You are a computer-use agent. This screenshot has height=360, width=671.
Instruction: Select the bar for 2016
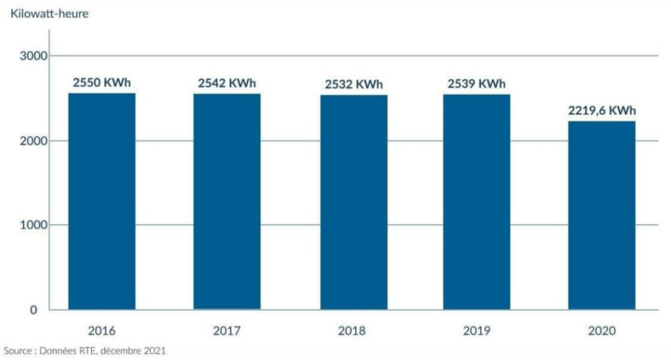(x=102, y=201)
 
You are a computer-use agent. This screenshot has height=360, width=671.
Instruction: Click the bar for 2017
(x=227, y=201)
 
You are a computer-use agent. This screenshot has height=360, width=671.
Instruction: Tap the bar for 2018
(x=354, y=202)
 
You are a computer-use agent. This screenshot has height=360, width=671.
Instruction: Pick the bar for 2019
(x=476, y=202)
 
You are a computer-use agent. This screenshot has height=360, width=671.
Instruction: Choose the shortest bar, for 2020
(x=602, y=215)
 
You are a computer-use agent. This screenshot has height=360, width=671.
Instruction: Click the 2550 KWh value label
(x=102, y=83)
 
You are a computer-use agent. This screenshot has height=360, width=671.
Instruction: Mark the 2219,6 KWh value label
(x=602, y=111)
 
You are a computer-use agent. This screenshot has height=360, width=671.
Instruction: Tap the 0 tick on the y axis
(x=43, y=310)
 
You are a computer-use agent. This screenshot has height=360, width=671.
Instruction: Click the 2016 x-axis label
(x=102, y=331)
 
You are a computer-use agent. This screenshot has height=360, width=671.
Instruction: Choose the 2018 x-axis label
(x=352, y=331)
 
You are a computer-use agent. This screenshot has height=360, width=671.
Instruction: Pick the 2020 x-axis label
(x=602, y=331)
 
